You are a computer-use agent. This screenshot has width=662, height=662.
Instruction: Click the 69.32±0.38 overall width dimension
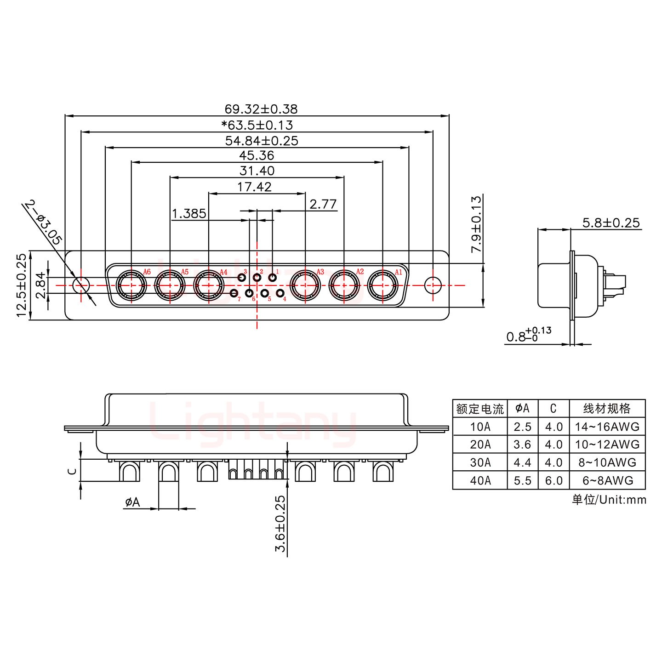pyautogui.click(x=261, y=109)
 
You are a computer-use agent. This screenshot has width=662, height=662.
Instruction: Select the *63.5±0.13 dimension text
pyautogui.click(x=257, y=125)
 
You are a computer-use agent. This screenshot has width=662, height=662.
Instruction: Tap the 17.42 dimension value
pyautogui.click(x=254, y=187)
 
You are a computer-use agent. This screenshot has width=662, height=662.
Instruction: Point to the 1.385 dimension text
pyautogui.click(x=188, y=214)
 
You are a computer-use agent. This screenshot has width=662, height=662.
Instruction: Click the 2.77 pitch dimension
pyautogui.click(x=323, y=204)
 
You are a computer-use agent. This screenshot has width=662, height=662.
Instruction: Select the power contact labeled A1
pyautogui.click(x=382, y=285)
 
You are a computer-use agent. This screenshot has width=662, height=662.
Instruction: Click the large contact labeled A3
pyautogui.click(x=306, y=285)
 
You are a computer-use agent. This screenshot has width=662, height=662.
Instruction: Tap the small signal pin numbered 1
pyautogui.click(x=273, y=278)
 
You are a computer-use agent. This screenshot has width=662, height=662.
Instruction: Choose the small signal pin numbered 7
pyautogui.click(x=234, y=293)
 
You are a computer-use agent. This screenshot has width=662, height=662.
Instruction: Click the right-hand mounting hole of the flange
pyautogui.click(x=432, y=285)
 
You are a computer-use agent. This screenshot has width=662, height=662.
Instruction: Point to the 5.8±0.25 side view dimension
pyautogui.click(x=611, y=223)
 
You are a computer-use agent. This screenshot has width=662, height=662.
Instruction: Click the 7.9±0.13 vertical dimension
pyautogui.click(x=476, y=224)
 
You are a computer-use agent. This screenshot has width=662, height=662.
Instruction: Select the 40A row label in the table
pyautogui.click(x=480, y=480)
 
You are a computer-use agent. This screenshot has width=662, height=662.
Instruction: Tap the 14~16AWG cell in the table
pyautogui.click(x=607, y=427)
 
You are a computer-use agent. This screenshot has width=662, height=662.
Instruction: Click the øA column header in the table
pyautogui.click(x=523, y=408)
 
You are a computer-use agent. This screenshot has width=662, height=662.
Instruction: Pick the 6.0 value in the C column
pyautogui.click(x=554, y=480)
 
